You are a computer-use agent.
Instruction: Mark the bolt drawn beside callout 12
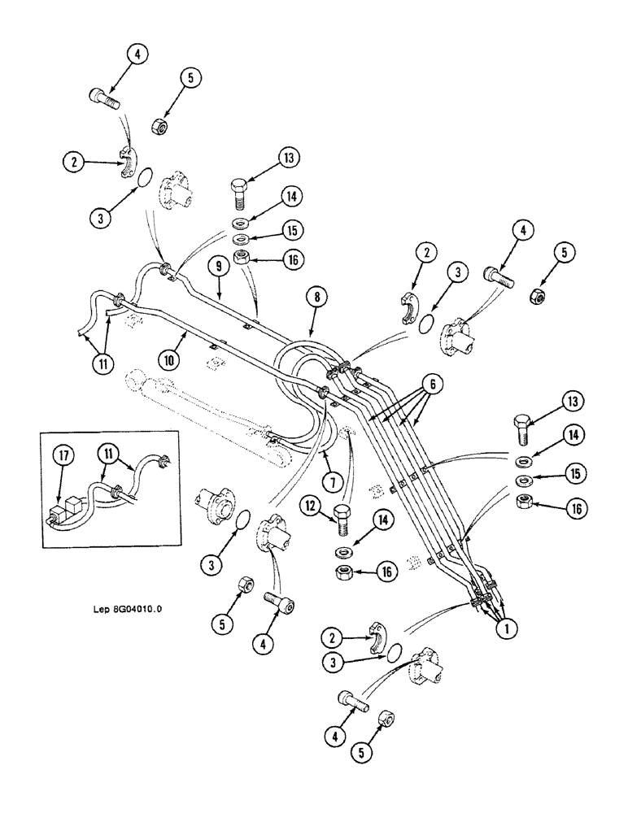[x=342, y=517]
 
